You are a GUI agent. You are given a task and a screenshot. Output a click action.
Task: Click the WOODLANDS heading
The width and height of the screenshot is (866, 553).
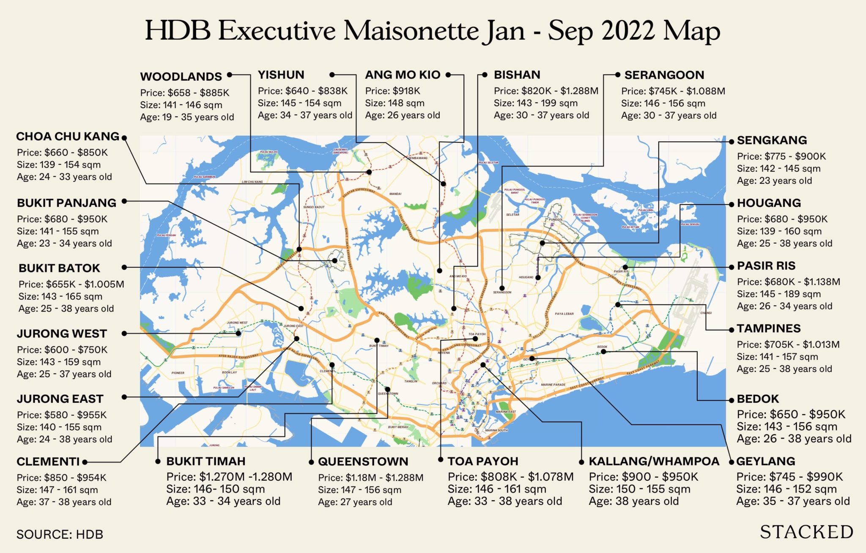[181, 77]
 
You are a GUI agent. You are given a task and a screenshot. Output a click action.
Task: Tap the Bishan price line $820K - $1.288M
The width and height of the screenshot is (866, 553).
[546, 91]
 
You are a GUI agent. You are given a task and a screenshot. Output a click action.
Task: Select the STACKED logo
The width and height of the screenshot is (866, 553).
[806, 532]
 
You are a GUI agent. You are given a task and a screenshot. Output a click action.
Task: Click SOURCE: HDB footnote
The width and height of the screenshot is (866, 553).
[60, 534]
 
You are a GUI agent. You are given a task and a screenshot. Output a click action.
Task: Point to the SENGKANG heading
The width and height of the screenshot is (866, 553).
[772, 140]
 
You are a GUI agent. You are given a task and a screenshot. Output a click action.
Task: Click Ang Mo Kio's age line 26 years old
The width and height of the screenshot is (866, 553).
[402, 115]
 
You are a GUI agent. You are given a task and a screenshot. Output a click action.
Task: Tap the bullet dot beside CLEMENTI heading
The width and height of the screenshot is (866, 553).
[85, 462]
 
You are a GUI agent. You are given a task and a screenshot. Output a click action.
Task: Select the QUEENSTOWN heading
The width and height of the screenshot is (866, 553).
[363, 461]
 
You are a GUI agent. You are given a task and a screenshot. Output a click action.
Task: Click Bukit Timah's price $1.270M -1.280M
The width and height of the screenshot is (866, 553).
[229, 477]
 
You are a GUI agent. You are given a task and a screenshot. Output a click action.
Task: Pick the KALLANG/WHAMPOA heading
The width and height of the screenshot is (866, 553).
[654, 461]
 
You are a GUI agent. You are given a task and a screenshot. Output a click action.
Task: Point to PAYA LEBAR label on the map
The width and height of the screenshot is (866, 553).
[564, 314]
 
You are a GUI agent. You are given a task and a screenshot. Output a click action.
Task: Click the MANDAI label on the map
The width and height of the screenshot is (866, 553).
[395, 194]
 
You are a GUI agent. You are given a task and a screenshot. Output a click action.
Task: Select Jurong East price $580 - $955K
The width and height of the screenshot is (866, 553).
[62, 415]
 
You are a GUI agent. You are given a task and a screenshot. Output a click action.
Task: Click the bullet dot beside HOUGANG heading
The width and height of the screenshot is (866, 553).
[732, 204]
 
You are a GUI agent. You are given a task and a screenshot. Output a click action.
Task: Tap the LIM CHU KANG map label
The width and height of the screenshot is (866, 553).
[252, 182]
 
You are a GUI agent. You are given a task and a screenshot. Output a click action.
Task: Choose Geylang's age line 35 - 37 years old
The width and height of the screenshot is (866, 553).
[792, 501]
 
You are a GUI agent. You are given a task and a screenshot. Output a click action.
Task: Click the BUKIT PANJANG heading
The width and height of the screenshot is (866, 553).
[66, 203]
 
